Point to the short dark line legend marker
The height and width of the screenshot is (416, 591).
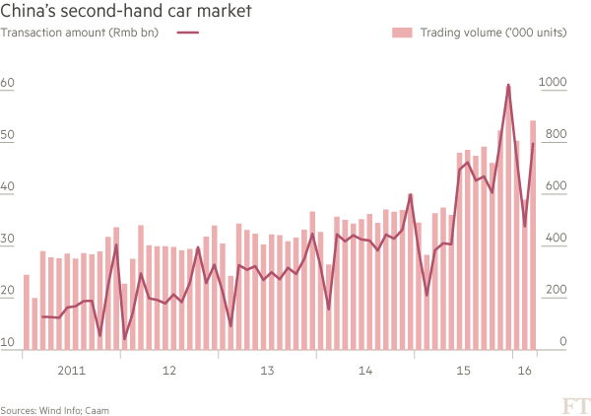click(189, 34)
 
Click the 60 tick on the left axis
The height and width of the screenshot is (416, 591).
click(7, 84)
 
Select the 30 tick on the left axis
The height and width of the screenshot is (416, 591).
click(7, 239)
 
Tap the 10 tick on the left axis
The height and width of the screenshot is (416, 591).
click(7, 342)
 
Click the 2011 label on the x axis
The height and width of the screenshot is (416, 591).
click(70, 371)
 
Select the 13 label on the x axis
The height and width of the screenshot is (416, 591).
click(266, 371)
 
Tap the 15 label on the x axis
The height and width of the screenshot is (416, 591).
click(462, 371)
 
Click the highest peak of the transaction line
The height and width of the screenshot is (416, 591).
click(508, 87)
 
